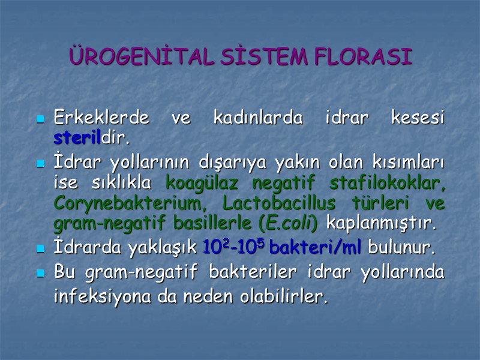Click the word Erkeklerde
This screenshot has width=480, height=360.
pos(101,118)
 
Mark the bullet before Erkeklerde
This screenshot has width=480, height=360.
pos(41,119)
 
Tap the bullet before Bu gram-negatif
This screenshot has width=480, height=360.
pos(41,274)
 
